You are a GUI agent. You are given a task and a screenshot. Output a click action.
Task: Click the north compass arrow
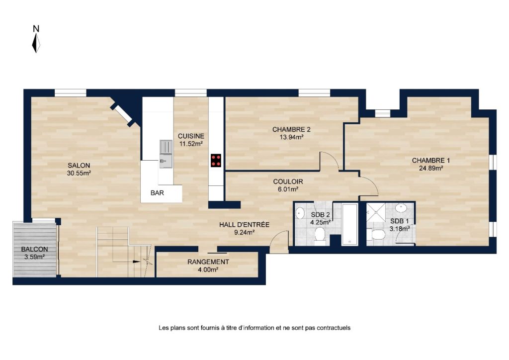coord(36,43)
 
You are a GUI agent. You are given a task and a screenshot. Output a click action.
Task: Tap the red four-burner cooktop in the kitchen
coord(216,161)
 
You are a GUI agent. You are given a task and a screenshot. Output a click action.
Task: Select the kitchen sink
coord(166,154)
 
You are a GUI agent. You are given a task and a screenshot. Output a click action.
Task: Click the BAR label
coord(157,193)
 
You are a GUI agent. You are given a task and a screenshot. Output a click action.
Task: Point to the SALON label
coord(79,166)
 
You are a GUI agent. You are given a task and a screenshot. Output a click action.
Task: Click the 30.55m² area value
coord(79,174)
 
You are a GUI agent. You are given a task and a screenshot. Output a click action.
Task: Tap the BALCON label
coord(34,249)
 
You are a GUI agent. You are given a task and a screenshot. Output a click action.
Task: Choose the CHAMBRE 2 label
coord(291,129)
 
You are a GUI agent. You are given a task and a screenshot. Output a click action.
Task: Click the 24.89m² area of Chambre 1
coord(431,168)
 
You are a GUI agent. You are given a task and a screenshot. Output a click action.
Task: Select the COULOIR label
coord(288,182)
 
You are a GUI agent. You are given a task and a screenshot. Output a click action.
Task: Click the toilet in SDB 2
coord(320,236)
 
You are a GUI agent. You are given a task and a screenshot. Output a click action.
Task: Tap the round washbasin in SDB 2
coord(299,213)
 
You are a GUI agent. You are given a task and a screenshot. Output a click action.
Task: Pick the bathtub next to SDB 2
coord(350,224)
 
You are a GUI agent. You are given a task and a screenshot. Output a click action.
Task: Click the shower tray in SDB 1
coord(376,212)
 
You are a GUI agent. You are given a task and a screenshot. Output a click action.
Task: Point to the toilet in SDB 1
coord(375,234)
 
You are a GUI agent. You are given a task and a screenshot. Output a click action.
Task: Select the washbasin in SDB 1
coord(401,208)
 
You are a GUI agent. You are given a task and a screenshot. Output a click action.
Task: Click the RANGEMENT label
coord(208,262)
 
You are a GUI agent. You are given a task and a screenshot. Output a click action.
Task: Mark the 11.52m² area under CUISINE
coord(191,144)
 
